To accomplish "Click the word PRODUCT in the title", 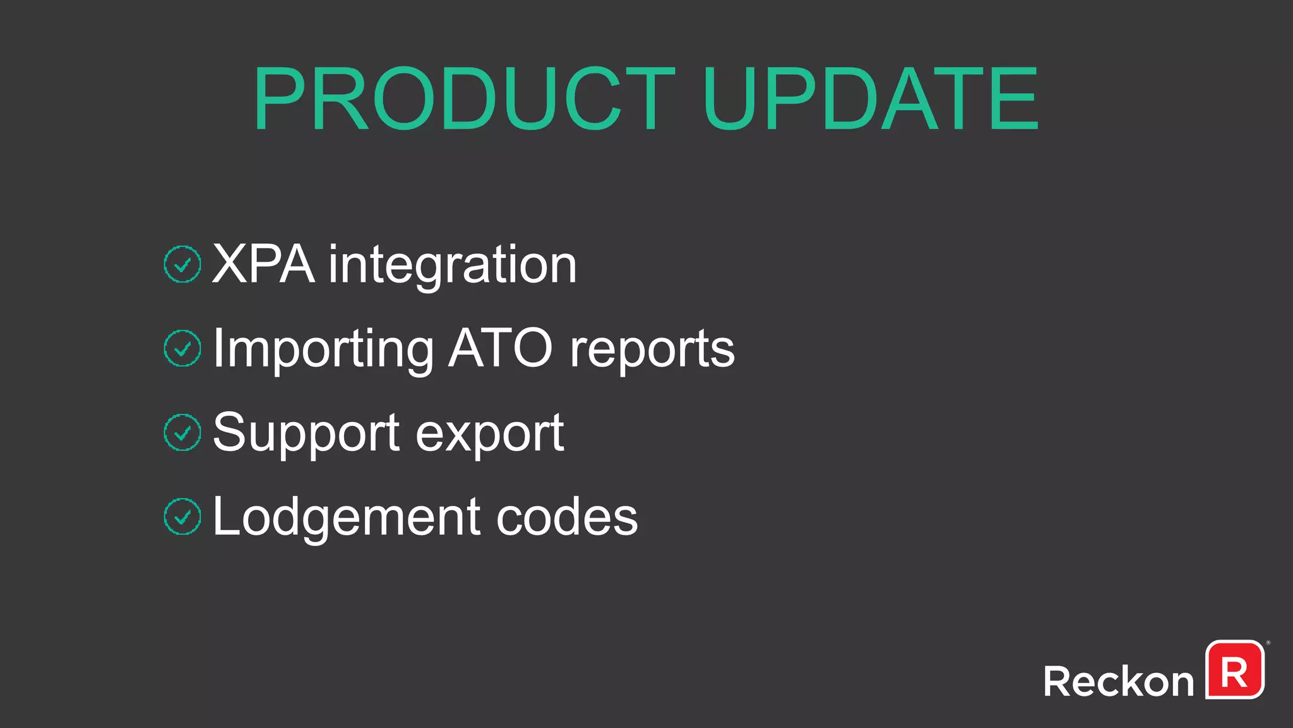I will (464, 100).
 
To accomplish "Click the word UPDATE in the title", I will (870, 100).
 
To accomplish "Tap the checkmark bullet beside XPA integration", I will (182, 264).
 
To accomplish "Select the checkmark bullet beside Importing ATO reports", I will (182, 348).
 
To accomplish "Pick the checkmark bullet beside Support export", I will (182, 432).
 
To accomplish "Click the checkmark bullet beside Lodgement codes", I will (182, 516).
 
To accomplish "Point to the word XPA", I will (263, 264).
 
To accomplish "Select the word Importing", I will (323, 349).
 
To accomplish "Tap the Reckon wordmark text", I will (1118, 682).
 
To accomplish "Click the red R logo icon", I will (1234, 670).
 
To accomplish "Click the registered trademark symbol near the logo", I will (1268, 643).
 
